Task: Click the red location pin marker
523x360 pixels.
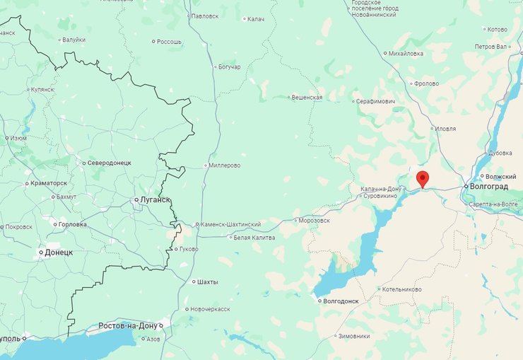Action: (x=423, y=178)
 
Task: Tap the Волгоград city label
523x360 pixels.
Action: (x=488, y=186)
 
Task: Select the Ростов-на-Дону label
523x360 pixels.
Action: (x=127, y=325)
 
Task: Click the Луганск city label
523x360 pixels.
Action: (x=155, y=200)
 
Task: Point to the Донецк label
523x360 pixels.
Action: (x=59, y=252)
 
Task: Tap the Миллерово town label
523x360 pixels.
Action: (x=225, y=166)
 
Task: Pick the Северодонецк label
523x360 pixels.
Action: (x=110, y=163)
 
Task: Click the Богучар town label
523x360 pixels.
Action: (x=229, y=67)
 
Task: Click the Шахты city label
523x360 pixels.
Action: (x=207, y=281)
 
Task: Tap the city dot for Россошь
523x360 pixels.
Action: (x=153, y=42)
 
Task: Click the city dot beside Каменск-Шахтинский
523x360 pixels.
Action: (x=197, y=225)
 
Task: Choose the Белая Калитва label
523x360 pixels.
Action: (x=254, y=238)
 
